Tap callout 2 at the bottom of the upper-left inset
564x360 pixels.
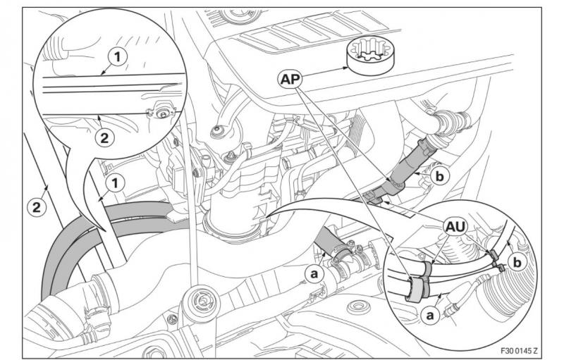click(103, 138)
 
